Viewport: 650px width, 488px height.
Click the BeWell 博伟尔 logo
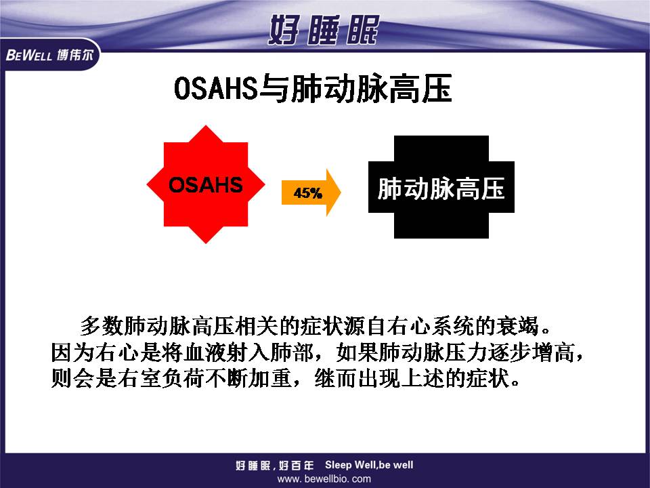coord(49,54)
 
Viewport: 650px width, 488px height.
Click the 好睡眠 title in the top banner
coord(324,29)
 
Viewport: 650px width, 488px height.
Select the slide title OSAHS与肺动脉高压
coord(313,88)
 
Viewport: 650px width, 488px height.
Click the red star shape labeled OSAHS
coord(206,184)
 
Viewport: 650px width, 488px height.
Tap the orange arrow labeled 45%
coord(311,192)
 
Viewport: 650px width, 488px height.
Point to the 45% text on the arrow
coord(307,193)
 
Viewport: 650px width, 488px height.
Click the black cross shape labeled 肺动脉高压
coord(441,187)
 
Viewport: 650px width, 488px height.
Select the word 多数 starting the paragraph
coord(102,326)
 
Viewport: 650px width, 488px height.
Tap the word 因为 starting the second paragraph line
coord(72,352)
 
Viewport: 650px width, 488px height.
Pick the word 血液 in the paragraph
coord(204,352)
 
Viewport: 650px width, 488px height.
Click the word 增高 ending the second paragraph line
coord(555,352)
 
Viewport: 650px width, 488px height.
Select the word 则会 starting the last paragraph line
coord(72,378)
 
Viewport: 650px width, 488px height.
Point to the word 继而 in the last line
coord(336,378)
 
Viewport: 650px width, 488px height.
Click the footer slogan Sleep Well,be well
coord(369,465)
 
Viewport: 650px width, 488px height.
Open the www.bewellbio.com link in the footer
coord(324,479)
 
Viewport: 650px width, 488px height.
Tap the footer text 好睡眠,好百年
coord(275,466)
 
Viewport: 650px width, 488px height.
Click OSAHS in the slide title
coord(215,88)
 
